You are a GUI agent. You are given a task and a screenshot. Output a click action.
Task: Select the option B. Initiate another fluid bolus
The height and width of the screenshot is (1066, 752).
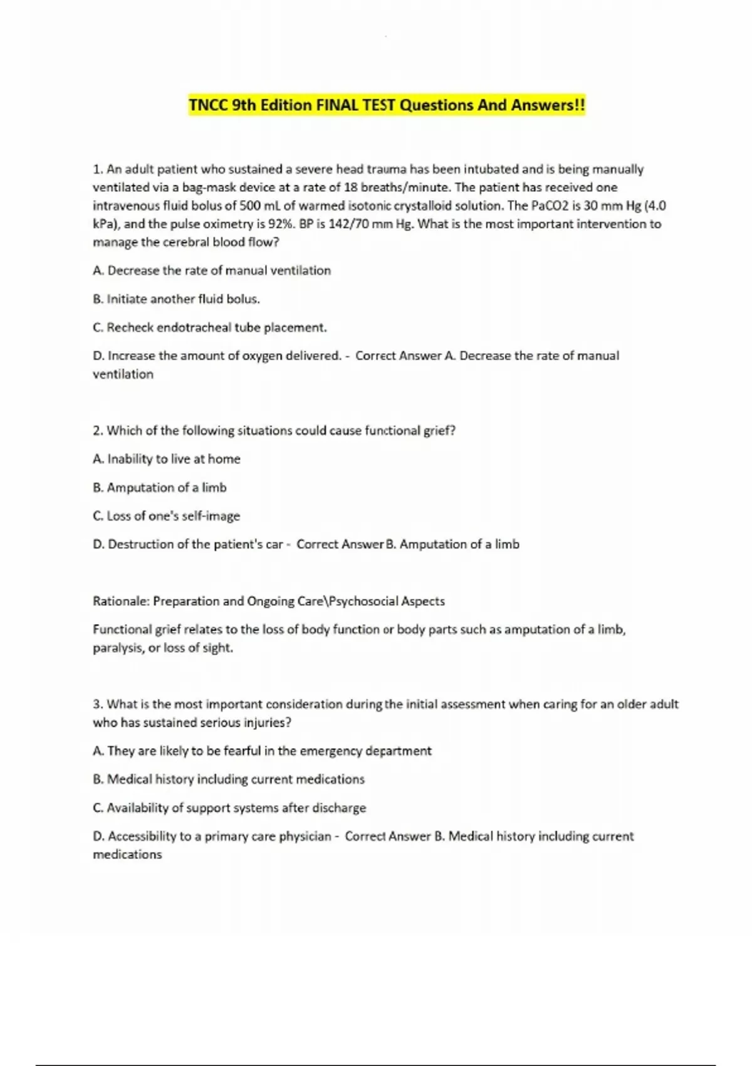176,299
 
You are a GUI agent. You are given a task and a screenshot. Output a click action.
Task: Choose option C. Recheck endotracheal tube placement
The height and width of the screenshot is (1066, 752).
209,327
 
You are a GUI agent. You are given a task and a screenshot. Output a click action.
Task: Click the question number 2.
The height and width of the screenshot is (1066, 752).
97,431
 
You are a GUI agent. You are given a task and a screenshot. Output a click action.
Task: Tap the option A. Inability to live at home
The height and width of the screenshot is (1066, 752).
166,459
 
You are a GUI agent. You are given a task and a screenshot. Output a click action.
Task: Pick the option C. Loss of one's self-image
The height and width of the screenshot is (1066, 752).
166,516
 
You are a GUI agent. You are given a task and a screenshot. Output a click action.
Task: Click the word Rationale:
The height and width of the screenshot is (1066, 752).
121,601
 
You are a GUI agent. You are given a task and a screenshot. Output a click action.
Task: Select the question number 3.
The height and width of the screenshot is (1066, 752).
97,704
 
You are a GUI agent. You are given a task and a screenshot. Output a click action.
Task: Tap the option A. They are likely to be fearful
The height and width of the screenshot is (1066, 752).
262,751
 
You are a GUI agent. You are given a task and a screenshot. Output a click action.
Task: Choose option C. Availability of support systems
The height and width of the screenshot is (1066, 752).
229,808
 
